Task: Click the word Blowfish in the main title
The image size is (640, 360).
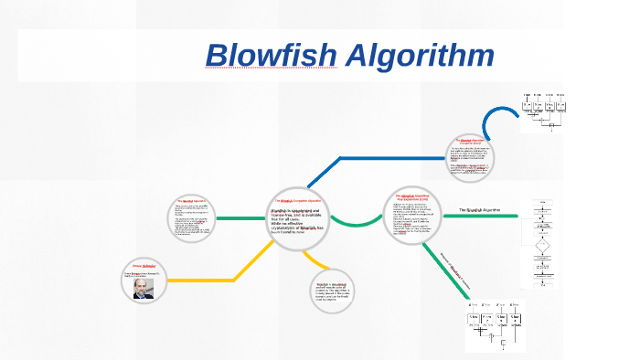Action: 272,56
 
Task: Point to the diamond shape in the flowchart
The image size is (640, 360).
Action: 542,244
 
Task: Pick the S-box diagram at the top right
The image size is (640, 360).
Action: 550,111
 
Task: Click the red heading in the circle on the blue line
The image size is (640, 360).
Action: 470,142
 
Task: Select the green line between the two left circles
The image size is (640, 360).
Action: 246,217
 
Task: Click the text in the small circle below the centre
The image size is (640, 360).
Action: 332,292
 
